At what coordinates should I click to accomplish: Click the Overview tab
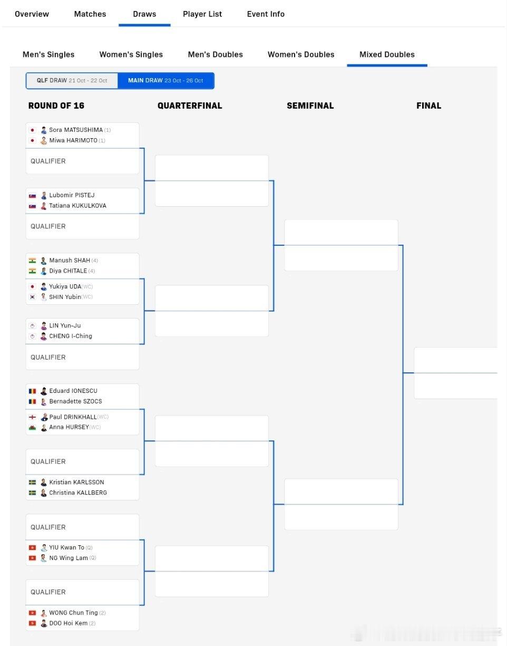pos(32,14)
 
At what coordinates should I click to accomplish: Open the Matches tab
pos(90,14)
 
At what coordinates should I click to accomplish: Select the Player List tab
pos(202,14)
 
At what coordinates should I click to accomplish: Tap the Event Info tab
pos(266,14)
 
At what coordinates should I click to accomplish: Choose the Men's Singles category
pos(48,54)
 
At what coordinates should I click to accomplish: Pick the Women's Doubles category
pos(301,54)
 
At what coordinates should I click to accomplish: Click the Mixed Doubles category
pos(387,54)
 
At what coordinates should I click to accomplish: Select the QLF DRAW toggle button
pos(72,81)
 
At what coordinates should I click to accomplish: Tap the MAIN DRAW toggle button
pos(165,81)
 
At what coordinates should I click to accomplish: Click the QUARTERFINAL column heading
pos(190,105)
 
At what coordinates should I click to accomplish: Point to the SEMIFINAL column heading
pos(310,105)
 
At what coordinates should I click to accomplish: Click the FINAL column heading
pos(428,105)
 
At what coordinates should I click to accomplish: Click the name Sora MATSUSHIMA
pos(76,130)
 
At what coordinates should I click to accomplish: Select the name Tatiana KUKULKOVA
pos(77,206)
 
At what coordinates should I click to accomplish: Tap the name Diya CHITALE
pos(68,271)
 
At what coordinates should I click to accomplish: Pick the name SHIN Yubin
pos(65,297)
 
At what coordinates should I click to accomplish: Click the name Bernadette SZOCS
pos(75,401)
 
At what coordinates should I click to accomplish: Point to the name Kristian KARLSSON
pos(76,482)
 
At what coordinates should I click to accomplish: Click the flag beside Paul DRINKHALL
pos(32,417)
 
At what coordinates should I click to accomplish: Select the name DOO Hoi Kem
pos(68,623)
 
